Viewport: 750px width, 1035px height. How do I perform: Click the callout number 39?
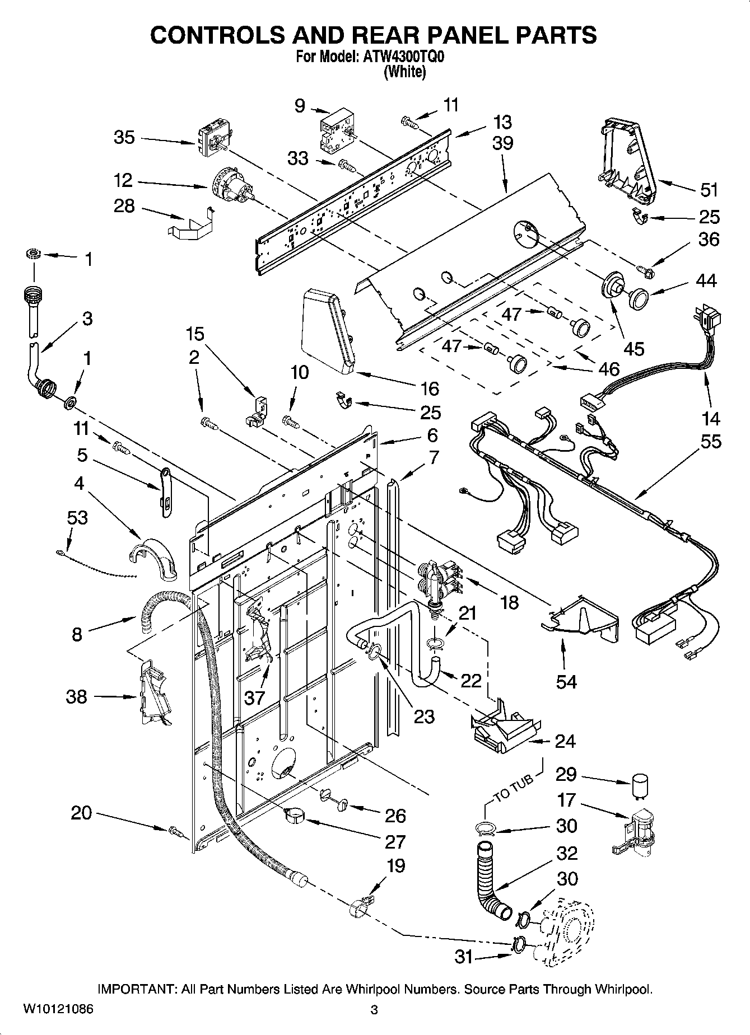coord(502,143)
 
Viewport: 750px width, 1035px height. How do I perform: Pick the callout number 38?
coord(77,697)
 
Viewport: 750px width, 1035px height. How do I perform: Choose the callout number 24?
coord(565,741)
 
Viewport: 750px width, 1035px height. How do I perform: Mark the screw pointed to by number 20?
coord(175,831)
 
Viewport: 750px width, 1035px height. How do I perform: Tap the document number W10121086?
coord(58,1009)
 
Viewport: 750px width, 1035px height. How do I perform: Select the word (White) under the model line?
coord(404,72)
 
